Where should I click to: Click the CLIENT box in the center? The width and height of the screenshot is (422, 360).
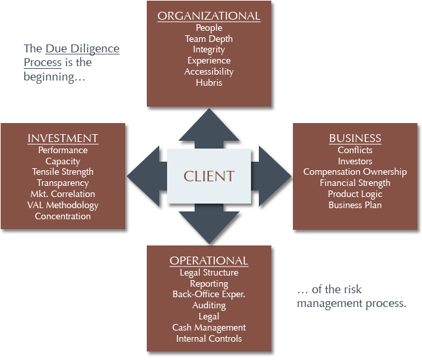click(x=209, y=175)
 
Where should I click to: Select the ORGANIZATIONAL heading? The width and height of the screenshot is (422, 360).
click(x=209, y=16)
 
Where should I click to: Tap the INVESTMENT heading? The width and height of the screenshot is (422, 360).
click(x=63, y=138)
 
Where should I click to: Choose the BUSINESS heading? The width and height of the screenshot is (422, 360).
click(x=355, y=138)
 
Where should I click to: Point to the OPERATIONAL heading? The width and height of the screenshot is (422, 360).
click(x=209, y=261)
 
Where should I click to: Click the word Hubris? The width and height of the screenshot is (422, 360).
click(x=209, y=83)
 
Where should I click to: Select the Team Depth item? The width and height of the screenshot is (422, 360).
click(x=209, y=39)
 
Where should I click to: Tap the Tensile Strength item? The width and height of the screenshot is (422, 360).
click(x=63, y=172)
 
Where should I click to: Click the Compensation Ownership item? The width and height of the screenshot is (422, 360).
click(x=355, y=172)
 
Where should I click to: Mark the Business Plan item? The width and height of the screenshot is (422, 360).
click(x=355, y=206)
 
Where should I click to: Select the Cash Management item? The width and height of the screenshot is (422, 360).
click(x=209, y=327)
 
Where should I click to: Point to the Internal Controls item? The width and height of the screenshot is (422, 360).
click(x=209, y=338)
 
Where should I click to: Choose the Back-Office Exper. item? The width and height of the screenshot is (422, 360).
click(x=209, y=295)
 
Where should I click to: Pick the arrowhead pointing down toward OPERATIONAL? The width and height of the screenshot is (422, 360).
click(x=209, y=229)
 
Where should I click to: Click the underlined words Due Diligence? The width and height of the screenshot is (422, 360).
click(x=82, y=49)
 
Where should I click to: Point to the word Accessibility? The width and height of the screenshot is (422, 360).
click(x=209, y=72)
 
